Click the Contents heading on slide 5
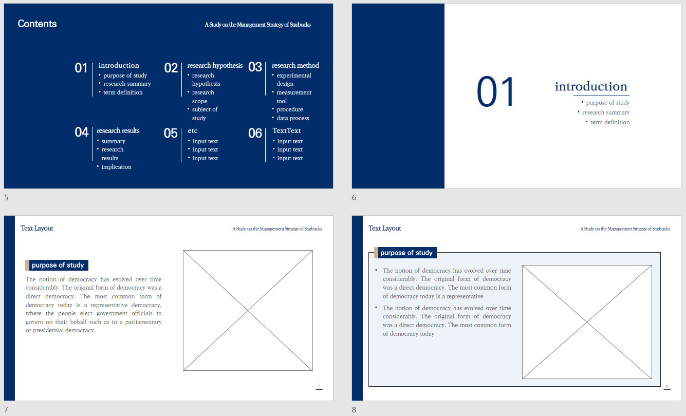(37, 24)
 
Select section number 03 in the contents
(255, 67)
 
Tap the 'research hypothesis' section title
(215, 66)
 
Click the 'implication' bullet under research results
(116, 167)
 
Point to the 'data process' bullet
(293, 118)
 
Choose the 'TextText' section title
(287, 131)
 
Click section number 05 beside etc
(171, 133)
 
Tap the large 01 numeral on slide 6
(495, 92)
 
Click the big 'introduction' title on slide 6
(591, 86)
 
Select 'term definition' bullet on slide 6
(610, 122)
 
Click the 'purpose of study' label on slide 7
(58, 265)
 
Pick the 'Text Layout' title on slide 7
(37, 229)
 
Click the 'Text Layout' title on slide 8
(385, 229)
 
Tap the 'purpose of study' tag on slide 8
(406, 253)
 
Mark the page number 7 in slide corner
(319, 386)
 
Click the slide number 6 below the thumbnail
(354, 198)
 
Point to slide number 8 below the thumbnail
(354, 409)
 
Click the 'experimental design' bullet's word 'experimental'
(294, 75)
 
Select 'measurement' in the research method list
(294, 92)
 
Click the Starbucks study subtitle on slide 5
(257, 25)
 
